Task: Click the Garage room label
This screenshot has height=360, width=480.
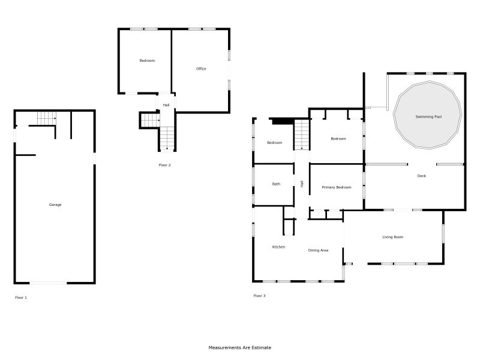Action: pos(55,205)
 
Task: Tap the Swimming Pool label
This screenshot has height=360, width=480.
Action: pos(428,116)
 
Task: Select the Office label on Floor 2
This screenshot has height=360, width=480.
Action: pos(201,68)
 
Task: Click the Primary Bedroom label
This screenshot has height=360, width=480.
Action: pos(337,187)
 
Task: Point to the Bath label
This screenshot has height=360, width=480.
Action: pos(276,184)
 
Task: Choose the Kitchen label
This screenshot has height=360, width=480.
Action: pos(278,247)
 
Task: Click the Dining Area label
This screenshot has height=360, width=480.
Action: pos(318,250)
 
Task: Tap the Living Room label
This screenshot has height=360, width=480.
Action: pos(393,236)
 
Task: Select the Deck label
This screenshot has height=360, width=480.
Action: pos(422,176)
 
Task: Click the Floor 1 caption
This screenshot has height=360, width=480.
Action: pos(21,297)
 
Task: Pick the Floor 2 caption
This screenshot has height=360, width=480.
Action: pos(164,165)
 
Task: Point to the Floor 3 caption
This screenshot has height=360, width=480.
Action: pos(259,295)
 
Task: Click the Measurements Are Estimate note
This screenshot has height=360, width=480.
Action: pos(239,347)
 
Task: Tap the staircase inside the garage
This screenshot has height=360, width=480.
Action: pos(47,118)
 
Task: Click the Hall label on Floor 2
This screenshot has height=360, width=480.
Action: pos(166,105)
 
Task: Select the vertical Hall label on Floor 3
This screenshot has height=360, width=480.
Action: pos(302,184)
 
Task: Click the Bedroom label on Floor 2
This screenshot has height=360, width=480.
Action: pos(147,61)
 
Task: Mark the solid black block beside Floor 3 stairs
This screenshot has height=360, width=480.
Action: pos(283,121)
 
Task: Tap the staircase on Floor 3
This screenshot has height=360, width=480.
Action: pos(302,134)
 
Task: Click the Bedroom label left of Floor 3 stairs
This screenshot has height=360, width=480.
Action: pos(274,142)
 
